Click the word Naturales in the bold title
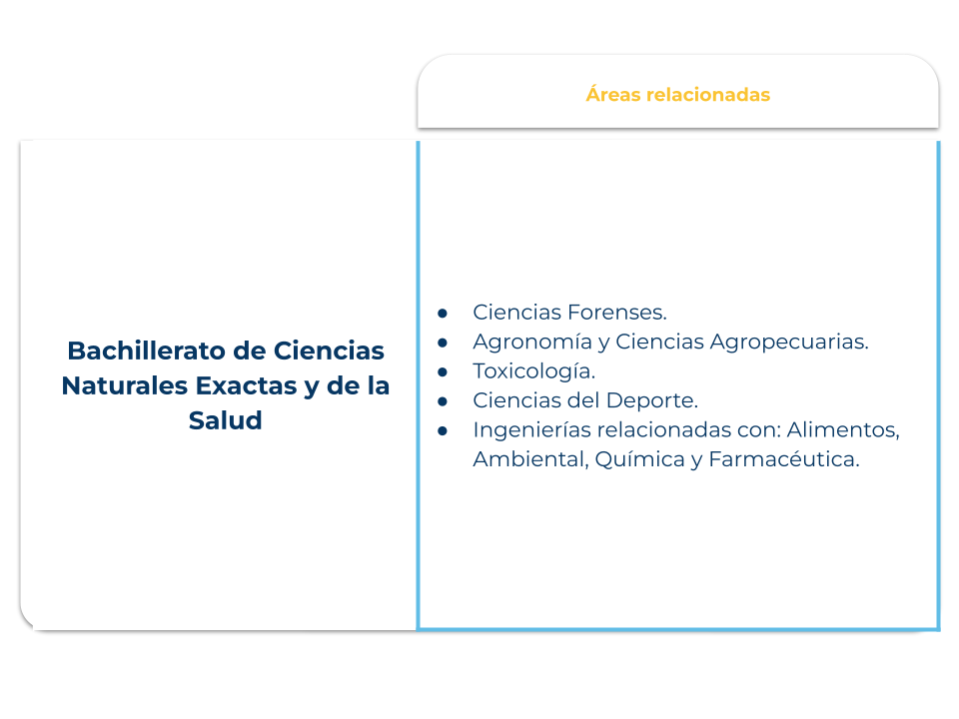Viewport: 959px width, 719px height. pos(124,385)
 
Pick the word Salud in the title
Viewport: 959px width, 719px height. pos(225,420)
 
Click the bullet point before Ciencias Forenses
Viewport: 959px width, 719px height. pos(443,314)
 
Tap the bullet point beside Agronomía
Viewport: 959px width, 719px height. pos(443,343)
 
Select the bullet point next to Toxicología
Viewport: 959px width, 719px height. pos(443,372)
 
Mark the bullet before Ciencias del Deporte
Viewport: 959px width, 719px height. pos(443,401)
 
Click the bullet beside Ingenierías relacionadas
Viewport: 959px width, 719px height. pos(443,431)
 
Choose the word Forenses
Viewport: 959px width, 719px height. pos(617,313)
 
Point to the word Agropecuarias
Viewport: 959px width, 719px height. pos(789,342)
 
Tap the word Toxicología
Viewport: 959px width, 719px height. pos(533,371)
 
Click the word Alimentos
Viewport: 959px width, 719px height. pos(843,430)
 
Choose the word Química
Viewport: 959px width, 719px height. pos(639,459)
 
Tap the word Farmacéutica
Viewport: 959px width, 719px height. pos(784,459)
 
